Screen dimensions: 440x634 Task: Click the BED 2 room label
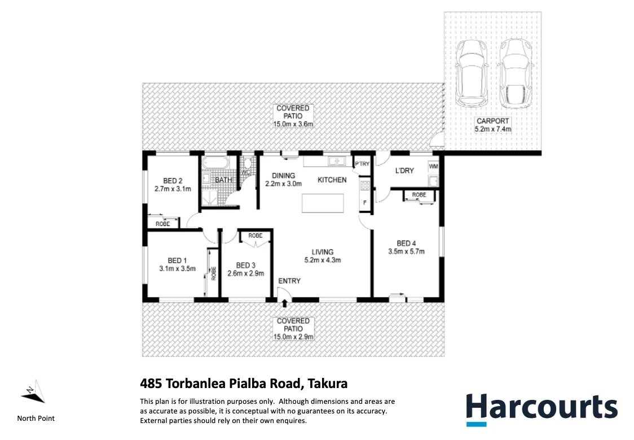pos(173,181)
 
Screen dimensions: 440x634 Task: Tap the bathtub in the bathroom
pos(215,164)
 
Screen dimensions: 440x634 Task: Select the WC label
pos(245,172)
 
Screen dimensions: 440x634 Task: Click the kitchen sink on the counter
pos(337,162)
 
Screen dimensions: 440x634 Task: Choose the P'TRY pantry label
pos(361,164)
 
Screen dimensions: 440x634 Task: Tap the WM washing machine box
pos(433,167)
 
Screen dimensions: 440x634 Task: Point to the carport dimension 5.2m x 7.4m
pos(493,129)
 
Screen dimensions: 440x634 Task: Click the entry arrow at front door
pos(284,304)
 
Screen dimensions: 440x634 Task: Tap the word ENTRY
pos(289,281)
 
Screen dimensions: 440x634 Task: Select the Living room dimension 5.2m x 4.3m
pos(323,260)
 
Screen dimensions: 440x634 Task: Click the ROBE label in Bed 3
pos(255,235)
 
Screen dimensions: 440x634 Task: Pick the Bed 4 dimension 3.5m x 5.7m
pos(406,252)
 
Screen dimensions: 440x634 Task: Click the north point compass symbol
pos(33,391)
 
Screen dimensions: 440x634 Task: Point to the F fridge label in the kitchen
pos(365,202)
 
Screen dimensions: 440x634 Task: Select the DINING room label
pos(284,175)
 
